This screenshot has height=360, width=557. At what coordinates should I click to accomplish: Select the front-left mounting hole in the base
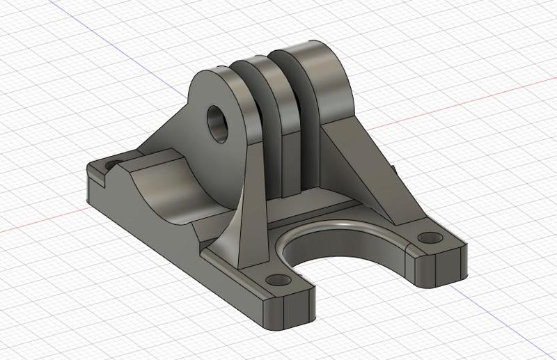tap(278, 281)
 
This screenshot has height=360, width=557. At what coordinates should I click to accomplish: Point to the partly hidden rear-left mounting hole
tap(111, 166)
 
